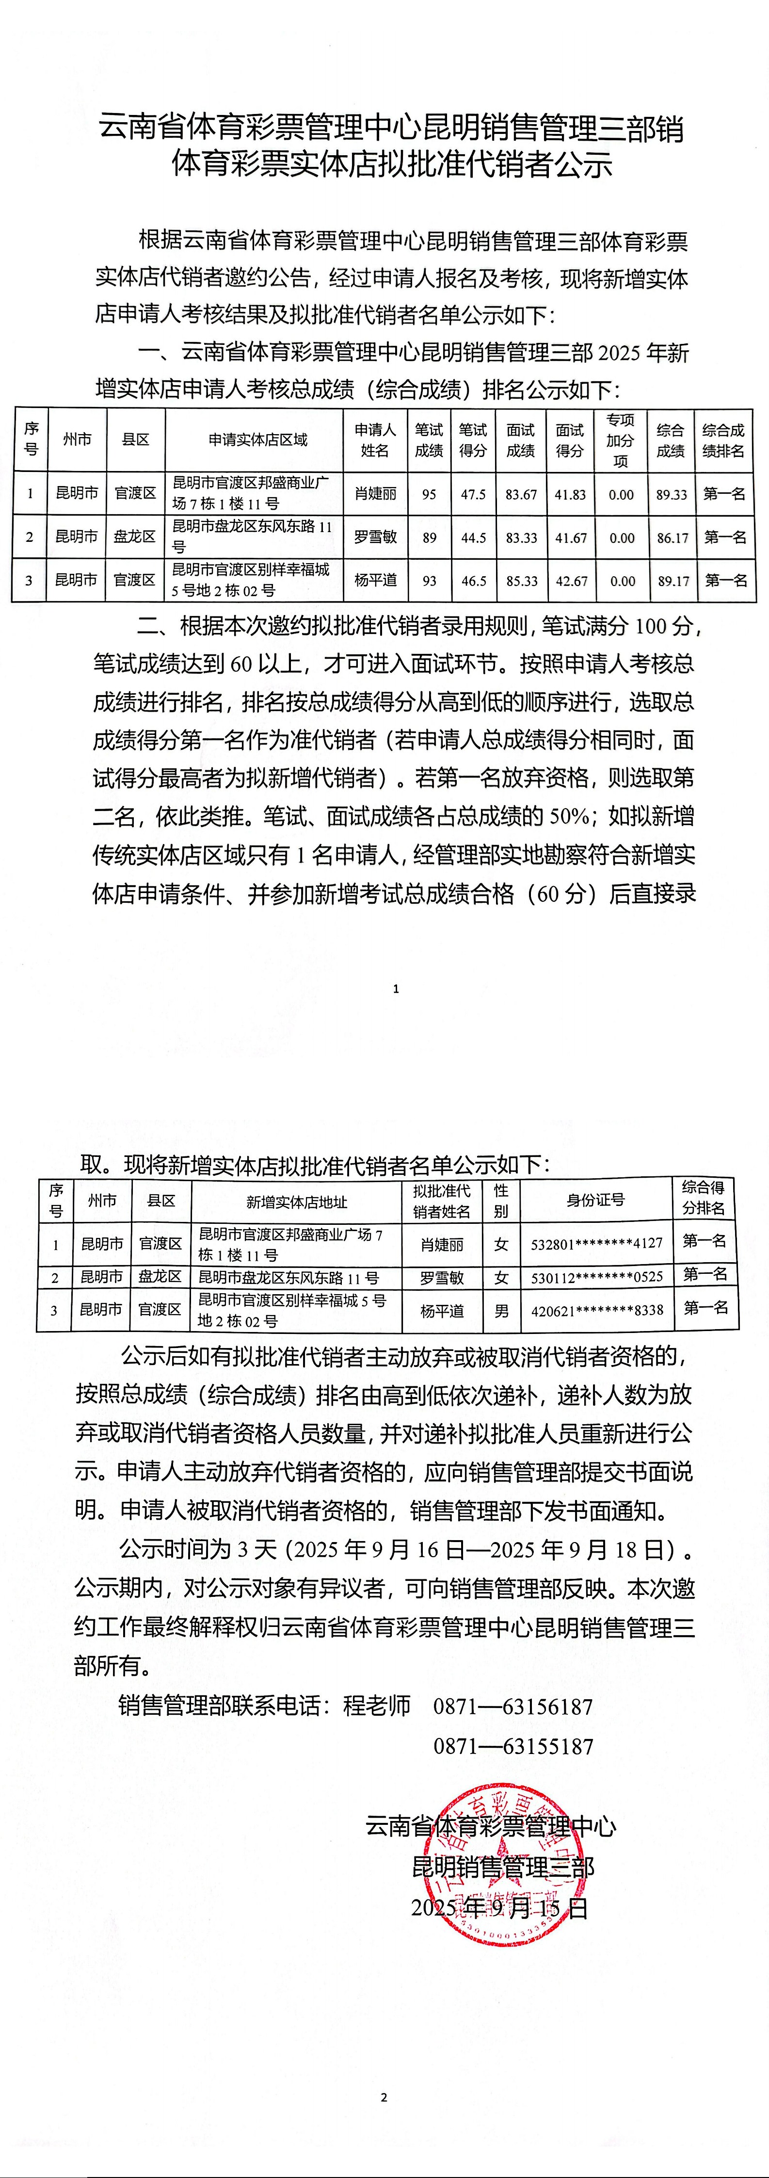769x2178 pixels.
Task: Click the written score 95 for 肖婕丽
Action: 429,494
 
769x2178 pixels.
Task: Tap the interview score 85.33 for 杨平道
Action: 521,581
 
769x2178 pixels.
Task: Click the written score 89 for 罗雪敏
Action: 429,537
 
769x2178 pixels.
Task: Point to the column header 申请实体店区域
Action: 258,439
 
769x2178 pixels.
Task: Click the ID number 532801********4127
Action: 596,1244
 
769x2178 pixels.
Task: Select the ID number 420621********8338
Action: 596,1310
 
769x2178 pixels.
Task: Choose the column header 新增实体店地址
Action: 297,1202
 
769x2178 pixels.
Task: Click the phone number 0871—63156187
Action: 513,1706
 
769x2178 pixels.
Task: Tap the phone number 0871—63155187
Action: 513,1746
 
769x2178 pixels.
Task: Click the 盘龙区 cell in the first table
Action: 135,537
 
